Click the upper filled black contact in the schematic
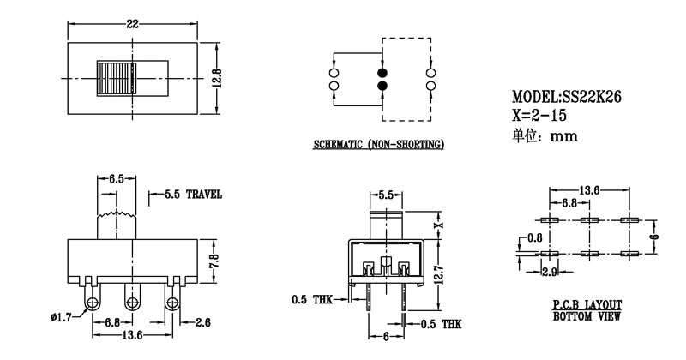382,72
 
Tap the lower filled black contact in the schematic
382,86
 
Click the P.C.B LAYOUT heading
587,305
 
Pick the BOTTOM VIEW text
587,316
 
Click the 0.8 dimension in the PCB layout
535,237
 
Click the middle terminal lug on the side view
133,302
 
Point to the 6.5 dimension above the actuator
117,179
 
